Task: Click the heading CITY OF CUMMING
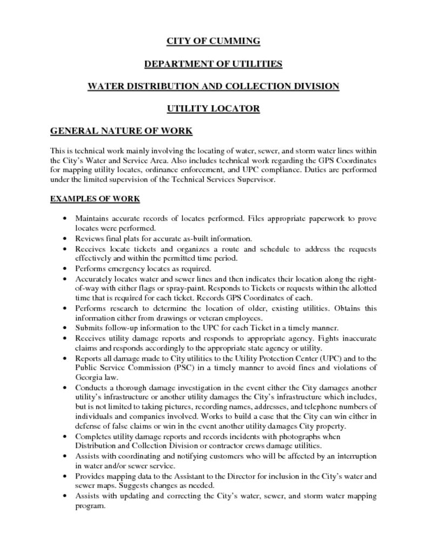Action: click(x=213, y=41)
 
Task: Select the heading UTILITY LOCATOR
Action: click(x=213, y=108)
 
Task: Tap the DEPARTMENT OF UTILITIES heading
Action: click(x=213, y=64)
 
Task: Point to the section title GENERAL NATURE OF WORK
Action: click(x=121, y=131)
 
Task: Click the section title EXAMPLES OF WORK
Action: click(x=95, y=199)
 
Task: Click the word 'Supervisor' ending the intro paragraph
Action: click(x=256, y=180)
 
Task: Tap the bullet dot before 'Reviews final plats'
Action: click(x=65, y=238)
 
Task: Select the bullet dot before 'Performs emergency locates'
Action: click(x=65, y=268)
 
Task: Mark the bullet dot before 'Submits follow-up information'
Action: click(x=65, y=328)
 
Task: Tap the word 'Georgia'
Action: click(x=89, y=377)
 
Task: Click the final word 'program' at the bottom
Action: click(x=89, y=506)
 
